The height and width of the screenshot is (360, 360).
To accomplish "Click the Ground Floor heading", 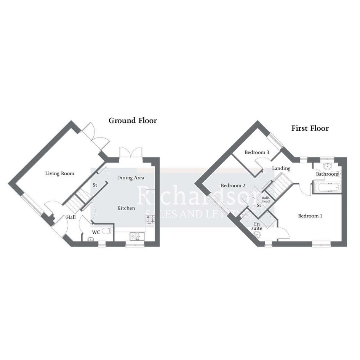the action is pos(133,120).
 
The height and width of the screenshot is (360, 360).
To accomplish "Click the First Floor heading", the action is pos(310,128).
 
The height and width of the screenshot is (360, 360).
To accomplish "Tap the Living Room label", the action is pos(60,174).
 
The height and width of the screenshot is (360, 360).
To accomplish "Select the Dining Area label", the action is pos(131,178).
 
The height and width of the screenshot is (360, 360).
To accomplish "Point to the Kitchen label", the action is pos(126,208).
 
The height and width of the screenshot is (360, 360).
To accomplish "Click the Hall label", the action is pos(71,217).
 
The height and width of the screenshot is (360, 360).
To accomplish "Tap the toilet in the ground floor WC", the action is pos(107,231).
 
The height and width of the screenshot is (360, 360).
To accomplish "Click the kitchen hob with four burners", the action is pos(150,219).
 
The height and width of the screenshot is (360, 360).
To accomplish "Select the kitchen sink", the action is pos(137,237).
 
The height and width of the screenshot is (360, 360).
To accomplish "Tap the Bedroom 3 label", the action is pos(257,152).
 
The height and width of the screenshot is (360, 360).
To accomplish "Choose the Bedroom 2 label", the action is pos(233,186).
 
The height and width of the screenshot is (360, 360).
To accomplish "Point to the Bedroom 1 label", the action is pos(310,216).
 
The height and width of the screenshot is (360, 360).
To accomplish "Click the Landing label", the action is pos(281,168).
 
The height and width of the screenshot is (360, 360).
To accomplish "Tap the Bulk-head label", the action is pos(266,200).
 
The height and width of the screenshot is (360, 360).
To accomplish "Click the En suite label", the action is pos(257,226).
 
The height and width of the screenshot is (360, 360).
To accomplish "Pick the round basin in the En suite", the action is pos(257,235).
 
